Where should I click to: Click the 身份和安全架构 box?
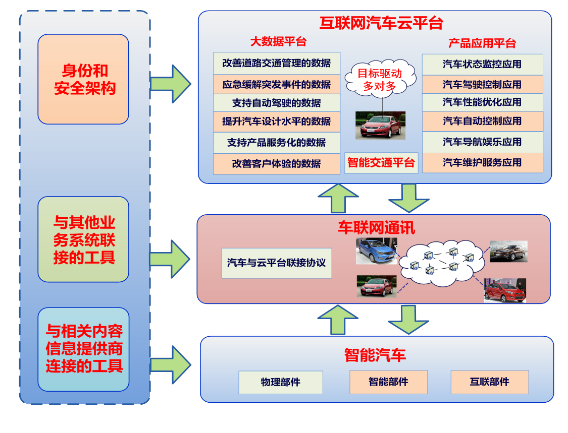[83, 79]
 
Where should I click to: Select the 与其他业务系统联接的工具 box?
[83, 239]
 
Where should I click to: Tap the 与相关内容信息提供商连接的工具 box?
[83, 349]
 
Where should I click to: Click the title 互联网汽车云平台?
[381, 23]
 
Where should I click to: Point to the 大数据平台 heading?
[278, 41]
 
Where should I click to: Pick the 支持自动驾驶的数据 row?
[276, 103]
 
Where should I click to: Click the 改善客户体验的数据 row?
[276, 164]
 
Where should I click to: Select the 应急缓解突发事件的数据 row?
[276, 84]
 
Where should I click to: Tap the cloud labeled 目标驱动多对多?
[380, 80]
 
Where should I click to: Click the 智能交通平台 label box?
[381, 163]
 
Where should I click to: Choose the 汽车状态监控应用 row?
[482, 65]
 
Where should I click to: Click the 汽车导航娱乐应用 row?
[482, 142]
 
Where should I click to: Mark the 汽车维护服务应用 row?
[482, 163]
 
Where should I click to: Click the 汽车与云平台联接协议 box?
[276, 263]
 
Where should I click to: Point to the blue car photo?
[376, 251]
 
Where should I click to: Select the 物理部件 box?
[280, 382]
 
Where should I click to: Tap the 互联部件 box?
[489, 382]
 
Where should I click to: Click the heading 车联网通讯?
[376, 227]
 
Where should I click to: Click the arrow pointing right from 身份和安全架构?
[172, 84]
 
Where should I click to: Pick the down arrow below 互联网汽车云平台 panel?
[408, 198]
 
